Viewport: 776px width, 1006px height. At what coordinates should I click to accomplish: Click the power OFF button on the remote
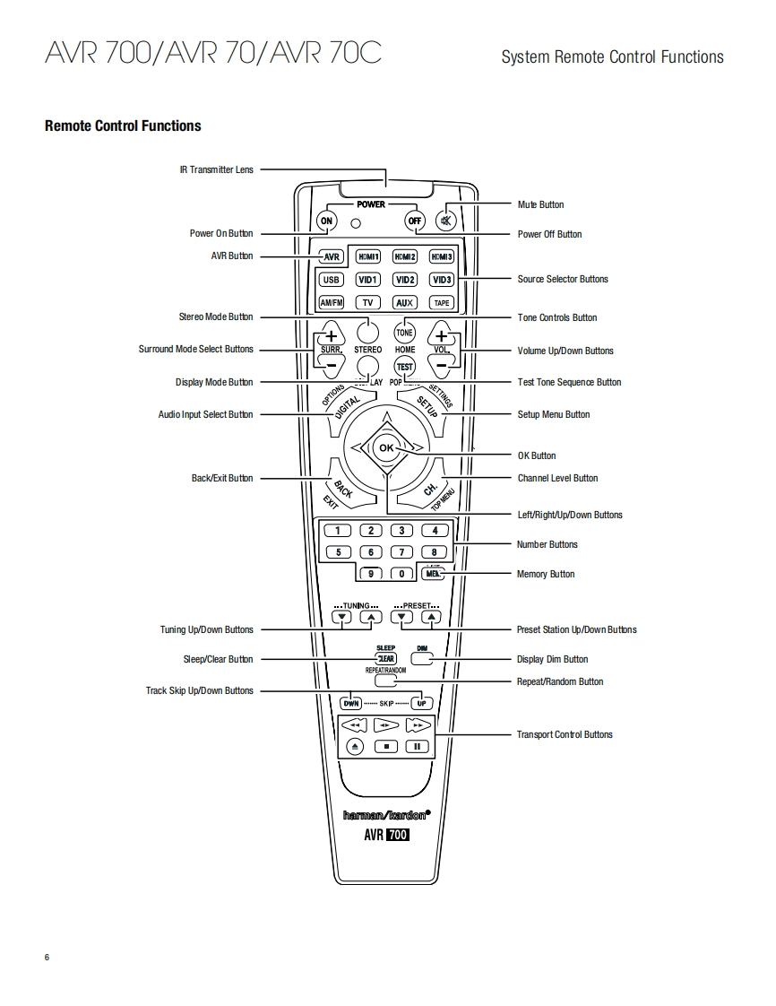pyautogui.click(x=414, y=221)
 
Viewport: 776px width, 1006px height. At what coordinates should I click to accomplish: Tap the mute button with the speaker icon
pyautogui.click(x=446, y=221)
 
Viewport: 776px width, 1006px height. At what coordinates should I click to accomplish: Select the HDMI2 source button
pyautogui.click(x=405, y=256)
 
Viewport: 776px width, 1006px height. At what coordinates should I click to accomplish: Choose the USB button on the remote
pyautogui.click(x=332, y=280)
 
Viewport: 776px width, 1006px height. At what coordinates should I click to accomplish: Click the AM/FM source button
pyautogui.click(x=332, y=303)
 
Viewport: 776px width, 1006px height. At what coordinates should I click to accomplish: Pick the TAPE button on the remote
pyautogui.click(x=442, y=303)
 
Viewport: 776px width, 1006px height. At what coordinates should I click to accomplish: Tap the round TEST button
pyautogui.click(x=405, y=367)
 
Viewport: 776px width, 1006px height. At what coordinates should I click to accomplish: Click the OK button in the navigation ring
pyautogui.click(x=386, y=447)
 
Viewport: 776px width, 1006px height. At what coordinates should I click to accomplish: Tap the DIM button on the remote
pyautogui.click(x=422, y=658)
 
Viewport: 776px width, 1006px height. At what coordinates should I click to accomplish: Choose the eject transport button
pyautogui.click(x=355, y=746)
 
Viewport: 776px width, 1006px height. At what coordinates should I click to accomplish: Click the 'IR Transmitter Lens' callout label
pyautogui.click(x=217, y=169)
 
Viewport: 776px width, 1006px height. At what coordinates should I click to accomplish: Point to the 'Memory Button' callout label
pyautogui.click(x=546, y=574)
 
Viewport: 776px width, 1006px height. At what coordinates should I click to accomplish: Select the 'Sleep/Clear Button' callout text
pyautogui.click(x=218, y=659)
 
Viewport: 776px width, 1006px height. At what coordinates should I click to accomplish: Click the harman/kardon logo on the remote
pyautogui.click(x=387, y=815)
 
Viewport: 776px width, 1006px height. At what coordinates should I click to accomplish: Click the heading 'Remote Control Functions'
pyautogui.click(x=123, y=126)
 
